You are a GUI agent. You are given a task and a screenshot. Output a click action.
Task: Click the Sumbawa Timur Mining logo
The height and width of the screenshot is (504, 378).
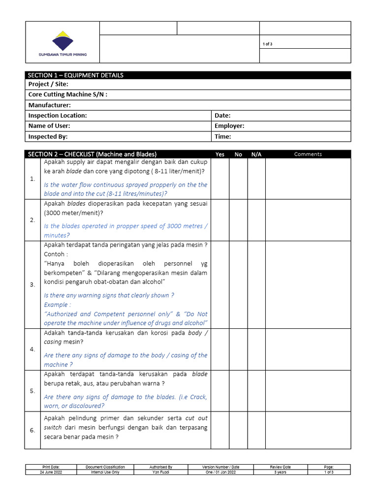[63, 44]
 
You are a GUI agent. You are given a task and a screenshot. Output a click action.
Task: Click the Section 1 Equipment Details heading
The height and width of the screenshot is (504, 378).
[76, 75]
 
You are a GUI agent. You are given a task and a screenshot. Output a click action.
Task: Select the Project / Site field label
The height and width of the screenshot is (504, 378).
[48, 84]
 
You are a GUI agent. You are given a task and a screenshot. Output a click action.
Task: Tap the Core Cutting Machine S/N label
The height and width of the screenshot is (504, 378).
[68, 94]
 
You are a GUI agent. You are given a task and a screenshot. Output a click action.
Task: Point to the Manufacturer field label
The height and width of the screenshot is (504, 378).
[50, 105]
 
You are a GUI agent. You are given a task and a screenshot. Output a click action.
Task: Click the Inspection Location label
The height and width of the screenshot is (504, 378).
[58, 116]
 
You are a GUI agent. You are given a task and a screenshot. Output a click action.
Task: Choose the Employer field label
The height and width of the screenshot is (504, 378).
[229, 126]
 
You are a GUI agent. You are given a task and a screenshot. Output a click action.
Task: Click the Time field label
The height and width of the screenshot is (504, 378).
[223, 137]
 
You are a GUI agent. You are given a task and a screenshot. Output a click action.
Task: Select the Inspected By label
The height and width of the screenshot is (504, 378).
[48, 137]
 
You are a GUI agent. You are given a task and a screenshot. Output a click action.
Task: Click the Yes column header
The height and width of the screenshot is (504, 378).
[220, 154]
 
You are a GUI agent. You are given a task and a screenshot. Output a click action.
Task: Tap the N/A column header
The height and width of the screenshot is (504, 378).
[256, 154]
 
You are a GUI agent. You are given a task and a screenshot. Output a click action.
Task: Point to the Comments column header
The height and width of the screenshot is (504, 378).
[308, 154]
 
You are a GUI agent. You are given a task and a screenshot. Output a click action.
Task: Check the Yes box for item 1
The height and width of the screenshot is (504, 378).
[220, 178]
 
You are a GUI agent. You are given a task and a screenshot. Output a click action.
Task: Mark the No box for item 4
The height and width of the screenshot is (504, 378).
[238, 349]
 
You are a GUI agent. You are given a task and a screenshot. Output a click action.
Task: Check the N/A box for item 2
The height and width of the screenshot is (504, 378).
[256, 220]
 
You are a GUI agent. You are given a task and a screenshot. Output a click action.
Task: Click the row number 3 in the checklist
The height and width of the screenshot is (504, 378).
[32, 284]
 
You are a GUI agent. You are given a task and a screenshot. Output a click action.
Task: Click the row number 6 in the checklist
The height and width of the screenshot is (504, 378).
[32, 430]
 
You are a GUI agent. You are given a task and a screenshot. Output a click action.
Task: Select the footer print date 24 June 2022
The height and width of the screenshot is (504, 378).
[51, 472]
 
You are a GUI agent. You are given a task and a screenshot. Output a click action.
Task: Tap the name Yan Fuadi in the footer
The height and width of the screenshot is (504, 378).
[161, 472]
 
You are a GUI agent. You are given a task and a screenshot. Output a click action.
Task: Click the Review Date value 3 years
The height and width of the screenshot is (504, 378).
[281, 472]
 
